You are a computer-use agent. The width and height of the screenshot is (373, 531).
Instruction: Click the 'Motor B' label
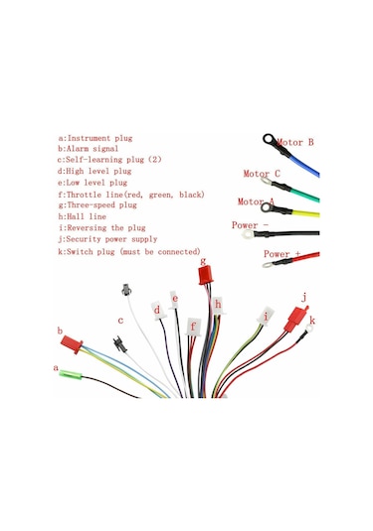[x=295, y=143]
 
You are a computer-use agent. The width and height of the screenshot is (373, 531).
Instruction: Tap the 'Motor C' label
[x=262, y=174]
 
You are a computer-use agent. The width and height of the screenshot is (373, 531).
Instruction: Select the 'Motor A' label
[x=258, y=201]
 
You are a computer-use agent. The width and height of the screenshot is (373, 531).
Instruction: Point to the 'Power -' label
[x=251, y=225]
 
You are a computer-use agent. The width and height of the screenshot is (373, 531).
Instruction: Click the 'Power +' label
[x=283, y=254]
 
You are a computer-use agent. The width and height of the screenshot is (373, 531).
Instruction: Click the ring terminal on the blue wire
[x=268, y=141]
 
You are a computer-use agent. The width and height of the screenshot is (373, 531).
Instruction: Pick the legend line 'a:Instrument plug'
[x=95, y=138]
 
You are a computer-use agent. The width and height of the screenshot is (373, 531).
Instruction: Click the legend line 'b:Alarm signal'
[x=91, y=149]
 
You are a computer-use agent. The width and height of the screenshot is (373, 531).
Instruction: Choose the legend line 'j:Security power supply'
[x=107, y=238]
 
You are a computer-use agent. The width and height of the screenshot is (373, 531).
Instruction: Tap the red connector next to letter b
[x=70, y=342]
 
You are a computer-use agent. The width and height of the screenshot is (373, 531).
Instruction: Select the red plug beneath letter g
[x=205, y=274]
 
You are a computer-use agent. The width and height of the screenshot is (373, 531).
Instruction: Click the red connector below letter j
[x=294, y=320]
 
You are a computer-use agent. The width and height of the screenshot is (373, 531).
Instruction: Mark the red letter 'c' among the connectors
[x=120, y=321]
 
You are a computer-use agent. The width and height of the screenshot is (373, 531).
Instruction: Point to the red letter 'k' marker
[x=312, y=321]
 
